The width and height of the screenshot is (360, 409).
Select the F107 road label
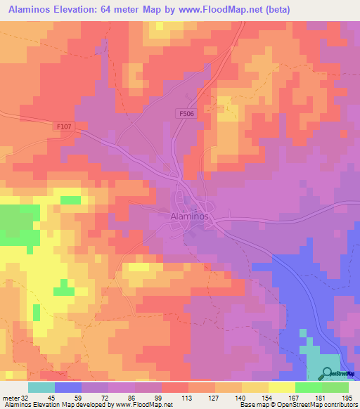(65, 126)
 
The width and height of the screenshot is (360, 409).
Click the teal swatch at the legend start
(41, 387)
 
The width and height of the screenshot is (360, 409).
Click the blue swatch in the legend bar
(68, 387)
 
